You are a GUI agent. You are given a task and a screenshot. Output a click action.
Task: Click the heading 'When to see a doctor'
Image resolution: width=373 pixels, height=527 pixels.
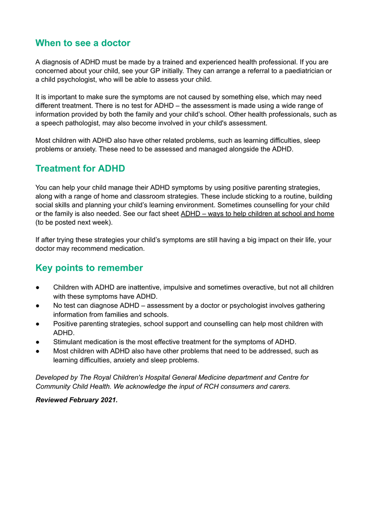(83, 43)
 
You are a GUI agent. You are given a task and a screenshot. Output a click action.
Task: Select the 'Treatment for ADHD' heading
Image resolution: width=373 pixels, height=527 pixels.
(80, 169)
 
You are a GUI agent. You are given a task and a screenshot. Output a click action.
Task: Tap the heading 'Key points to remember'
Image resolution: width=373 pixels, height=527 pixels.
(89, 268)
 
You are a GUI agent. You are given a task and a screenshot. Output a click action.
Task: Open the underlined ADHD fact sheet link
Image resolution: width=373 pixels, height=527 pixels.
(257, 214)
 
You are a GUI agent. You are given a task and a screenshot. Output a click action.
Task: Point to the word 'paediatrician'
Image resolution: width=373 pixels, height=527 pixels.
(302, 71)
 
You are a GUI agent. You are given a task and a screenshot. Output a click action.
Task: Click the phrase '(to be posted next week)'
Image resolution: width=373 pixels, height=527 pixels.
(73, 223)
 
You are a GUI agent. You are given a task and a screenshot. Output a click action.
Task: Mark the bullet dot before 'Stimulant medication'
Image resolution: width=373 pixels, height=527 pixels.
(38, 342)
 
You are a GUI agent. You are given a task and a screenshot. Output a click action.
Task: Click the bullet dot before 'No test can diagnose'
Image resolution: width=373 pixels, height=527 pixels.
(38, 306)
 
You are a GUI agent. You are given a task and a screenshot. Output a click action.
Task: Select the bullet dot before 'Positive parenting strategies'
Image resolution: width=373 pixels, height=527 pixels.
(38, 324)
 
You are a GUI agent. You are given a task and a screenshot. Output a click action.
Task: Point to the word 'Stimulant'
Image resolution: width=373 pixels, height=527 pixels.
(69, 342)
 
